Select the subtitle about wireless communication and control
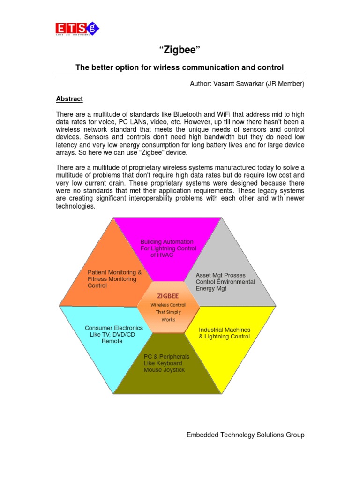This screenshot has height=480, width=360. [x=180, y=68]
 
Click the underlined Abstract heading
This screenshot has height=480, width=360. [x=69, y=99]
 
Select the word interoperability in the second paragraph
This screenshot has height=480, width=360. [x=157, y=199]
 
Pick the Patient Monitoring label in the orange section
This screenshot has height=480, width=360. [x=114, y=272]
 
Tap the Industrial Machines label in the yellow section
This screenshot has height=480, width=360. [x=225, y=330]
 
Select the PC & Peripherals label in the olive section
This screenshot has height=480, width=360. [x=167, y=357]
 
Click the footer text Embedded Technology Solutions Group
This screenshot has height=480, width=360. [x=245, y=435]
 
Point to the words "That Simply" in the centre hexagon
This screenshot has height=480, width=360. [x=168, y=312]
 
